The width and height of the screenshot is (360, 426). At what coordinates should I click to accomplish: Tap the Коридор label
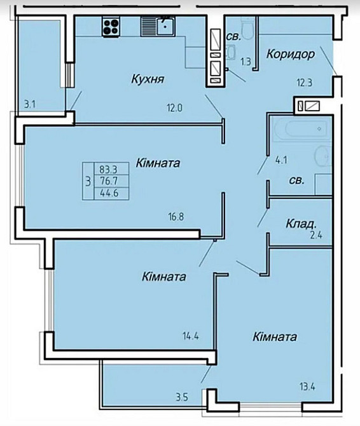[291, 54]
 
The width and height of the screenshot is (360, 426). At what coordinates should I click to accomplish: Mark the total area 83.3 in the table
[108, 169]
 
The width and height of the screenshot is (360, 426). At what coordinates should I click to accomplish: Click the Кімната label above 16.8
[158, 163]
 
